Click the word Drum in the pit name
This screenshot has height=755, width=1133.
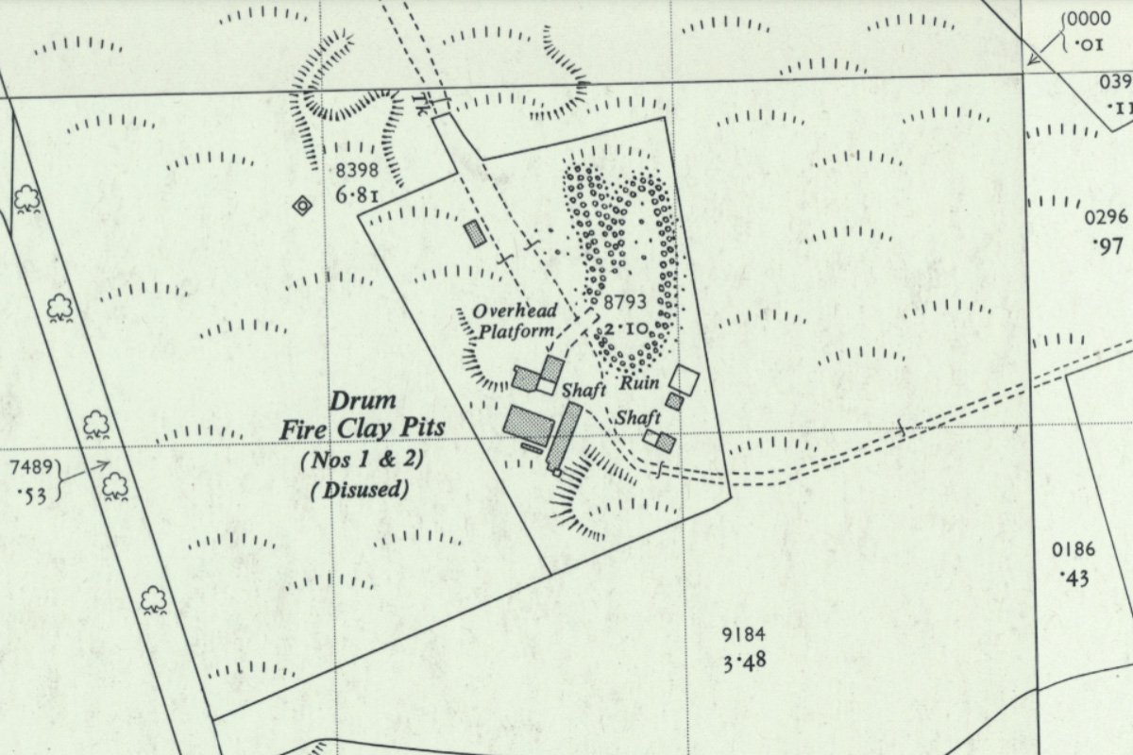[x=349, y=401]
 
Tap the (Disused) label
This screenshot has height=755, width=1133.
[x=360, y=490]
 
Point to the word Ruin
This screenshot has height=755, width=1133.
[x=639, y=384]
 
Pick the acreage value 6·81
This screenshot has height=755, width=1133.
[x=357, y=195]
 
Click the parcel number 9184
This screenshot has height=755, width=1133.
[x=741, y=633]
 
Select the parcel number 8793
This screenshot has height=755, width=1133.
[x=625, y=303]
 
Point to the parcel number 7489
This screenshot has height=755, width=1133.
[x=30, y=469]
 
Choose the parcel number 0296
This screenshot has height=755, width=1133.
[x=1106, y=218]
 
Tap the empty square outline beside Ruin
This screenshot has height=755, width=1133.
[x=684, y=378]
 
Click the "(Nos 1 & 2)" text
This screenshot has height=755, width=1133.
[x=361, y=461]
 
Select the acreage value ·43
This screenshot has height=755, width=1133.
[x=1075, y=577]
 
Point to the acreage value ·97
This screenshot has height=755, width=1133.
[x=1104, y=245]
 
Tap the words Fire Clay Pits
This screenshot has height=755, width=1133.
[x=362, y=429]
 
